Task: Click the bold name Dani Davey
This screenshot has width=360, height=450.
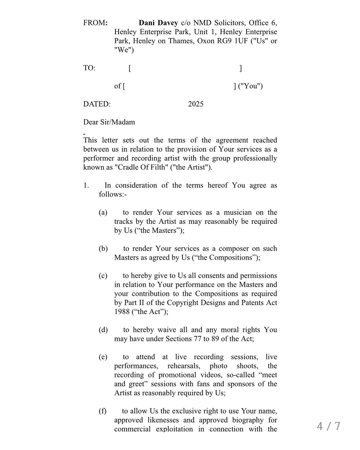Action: [x=158, y=23]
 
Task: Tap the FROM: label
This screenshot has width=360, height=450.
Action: [x=95, y=23]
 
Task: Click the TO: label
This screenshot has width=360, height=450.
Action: [x=89, y=68]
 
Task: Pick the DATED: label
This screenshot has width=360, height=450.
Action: [x=97, y=104]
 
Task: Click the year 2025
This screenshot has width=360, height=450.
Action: [x=196, y=104]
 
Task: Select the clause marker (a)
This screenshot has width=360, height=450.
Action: [x=103, y=213]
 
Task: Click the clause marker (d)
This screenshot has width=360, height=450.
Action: [x=103, y=330]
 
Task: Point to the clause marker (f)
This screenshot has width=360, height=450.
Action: [x=102, y=411]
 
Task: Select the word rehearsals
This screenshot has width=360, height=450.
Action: [x=184, y=366]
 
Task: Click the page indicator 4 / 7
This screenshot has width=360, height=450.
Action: [x=329, y=426]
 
